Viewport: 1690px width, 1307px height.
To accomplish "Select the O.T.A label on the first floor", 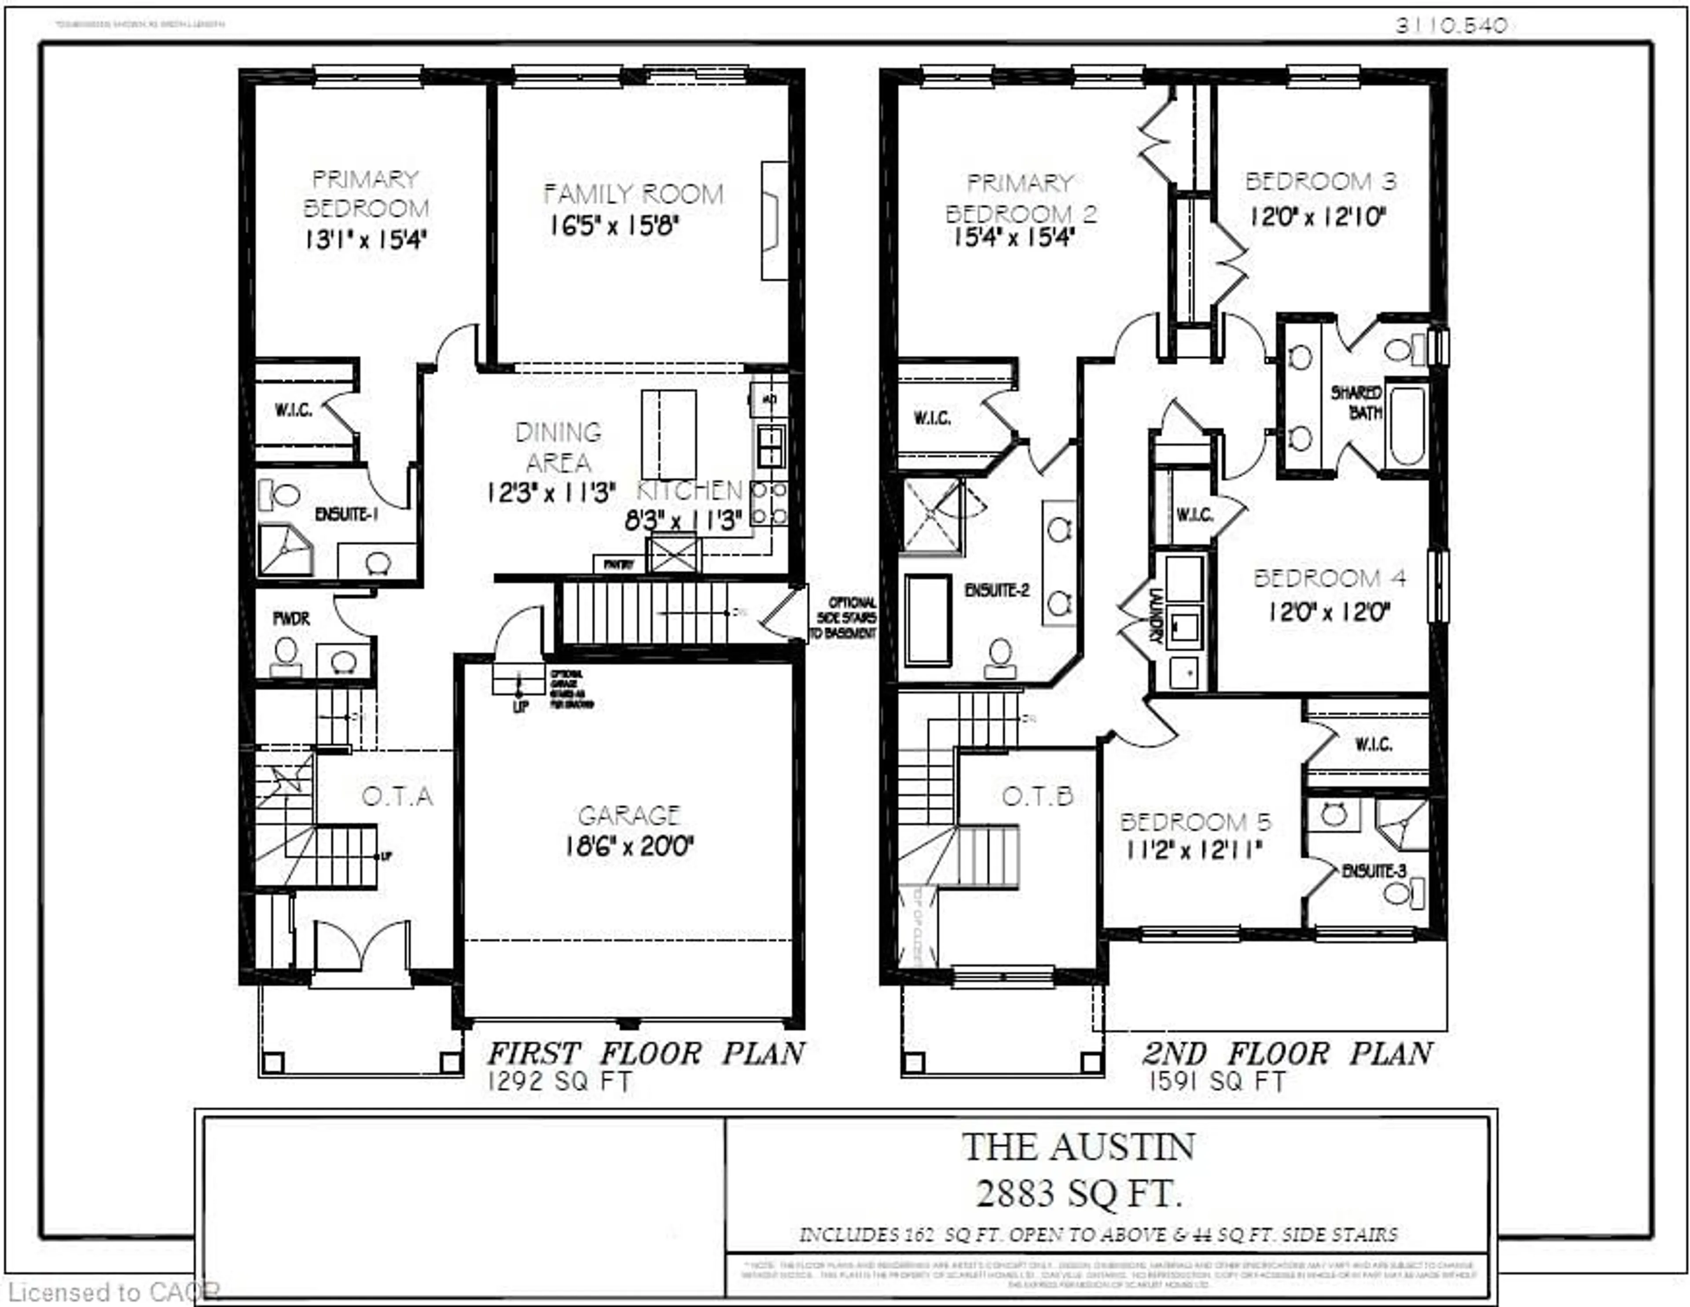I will pos(397,796).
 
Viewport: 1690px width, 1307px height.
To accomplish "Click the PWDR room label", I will pos(291,619).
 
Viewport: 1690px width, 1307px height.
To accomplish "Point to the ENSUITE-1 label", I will pos(346,514).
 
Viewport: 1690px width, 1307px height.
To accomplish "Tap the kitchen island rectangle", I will pos(669,435).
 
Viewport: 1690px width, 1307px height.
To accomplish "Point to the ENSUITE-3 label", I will pos(1374,871).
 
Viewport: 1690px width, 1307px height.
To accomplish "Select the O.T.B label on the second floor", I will pos(1038,796).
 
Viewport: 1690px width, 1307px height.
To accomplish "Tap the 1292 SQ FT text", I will pos(559,1082).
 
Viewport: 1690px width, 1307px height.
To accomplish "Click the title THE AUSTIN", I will pos(1079,1147).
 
